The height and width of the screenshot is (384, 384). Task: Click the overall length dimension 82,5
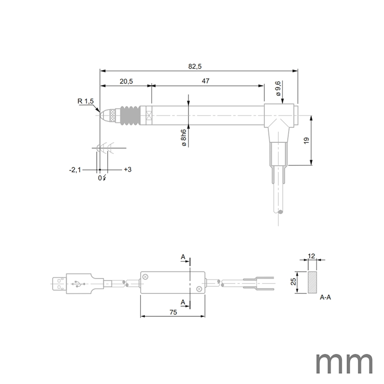[195, 66]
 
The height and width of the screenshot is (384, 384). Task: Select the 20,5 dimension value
[126, 81]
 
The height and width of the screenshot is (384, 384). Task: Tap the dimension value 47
[205, 81]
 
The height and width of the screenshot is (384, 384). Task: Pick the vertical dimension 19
[306, 140]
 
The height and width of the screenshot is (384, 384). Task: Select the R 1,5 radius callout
[86, 101]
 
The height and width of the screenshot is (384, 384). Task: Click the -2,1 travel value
[75, 169]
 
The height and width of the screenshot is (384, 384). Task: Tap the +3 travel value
[128, 169]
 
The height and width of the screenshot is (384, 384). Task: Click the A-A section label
[326, 297]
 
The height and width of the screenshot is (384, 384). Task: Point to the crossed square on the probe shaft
[149, 115]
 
